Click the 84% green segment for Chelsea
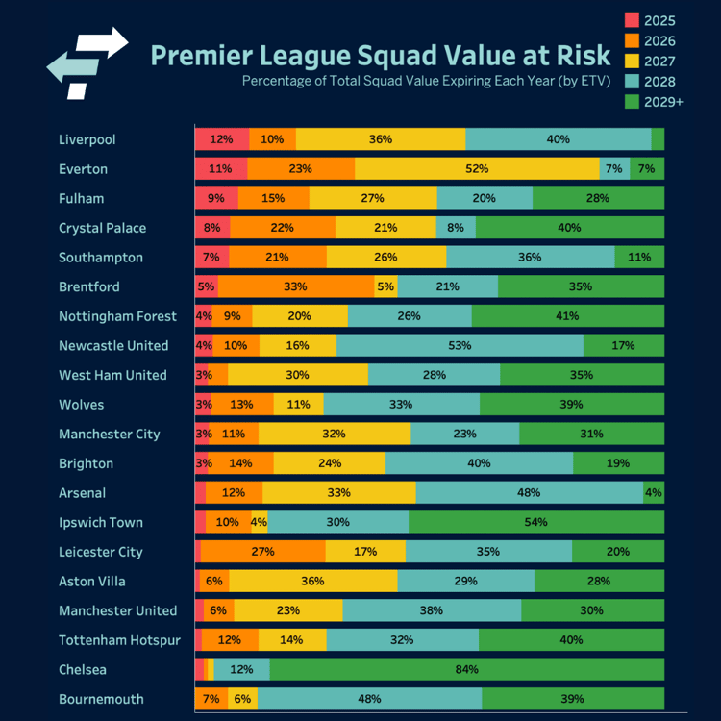coord(466,669)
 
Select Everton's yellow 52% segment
coord(477,168)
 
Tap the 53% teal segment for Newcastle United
coord(460,345)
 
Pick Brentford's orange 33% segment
coord(295,286)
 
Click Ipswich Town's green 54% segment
coord(535,522)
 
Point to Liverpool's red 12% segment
coord(222,138)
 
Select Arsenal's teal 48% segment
coord(529,492)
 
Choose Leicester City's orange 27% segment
coord(262,552)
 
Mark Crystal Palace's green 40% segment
coord(569,228)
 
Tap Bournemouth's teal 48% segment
coord(369,699)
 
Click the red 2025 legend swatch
coord(632,20)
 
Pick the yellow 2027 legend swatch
coord(632,62)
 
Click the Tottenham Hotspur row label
coord(119,640)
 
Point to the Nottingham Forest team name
coord(117,316)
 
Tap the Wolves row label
coord(81,405)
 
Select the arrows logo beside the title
coord(87,62)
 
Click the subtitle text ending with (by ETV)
coord(426,81)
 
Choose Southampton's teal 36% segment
coord(531,257)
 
